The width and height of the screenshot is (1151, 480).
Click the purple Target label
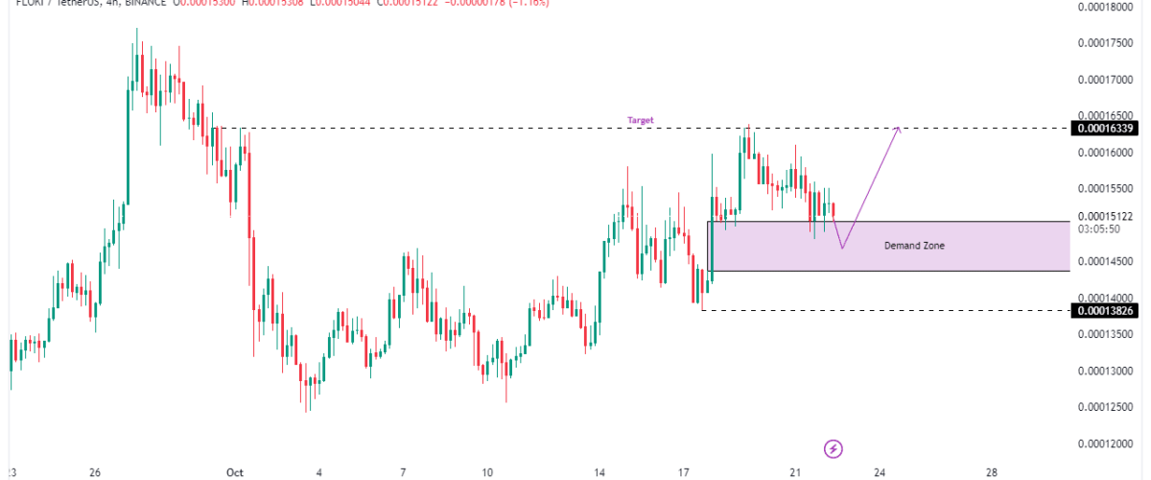pyautogui.click(x=640, y=120)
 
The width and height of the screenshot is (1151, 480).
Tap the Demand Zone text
pyautogui.click(x=914, y=246)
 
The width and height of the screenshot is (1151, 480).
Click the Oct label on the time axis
pyautogui.click(x=234, y=472)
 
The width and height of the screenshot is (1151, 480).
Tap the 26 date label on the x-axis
pyautogui.click(x=94, y=472)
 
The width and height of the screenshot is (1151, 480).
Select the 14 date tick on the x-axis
pyautogui.click(x=599, y=472)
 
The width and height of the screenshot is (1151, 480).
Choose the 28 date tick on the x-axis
pyautogui.click(x=992, y=472)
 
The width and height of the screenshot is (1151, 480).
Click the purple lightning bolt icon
pyautogui.click(x=834, y=448)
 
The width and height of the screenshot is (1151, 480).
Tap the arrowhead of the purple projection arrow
pyautogui.click(x=898, y=129)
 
